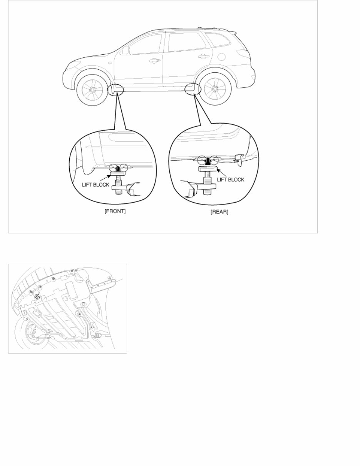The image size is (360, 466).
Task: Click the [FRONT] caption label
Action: point(115,211)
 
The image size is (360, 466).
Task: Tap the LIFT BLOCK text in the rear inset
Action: point(231,179)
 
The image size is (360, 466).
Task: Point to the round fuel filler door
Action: point(221,57)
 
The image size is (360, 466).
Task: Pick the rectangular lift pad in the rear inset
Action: point(208,169)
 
